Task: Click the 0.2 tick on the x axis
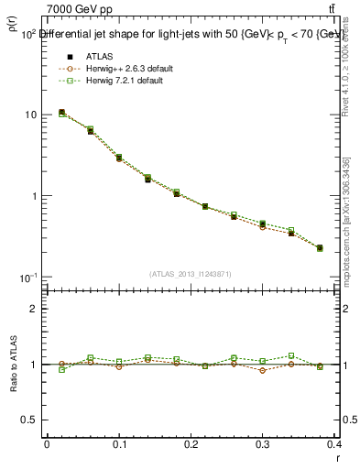coord(191,443)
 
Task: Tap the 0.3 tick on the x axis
coord(263,443)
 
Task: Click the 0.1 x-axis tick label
coord(119,443)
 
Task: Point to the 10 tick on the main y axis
coord(31,115)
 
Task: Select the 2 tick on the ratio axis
coord(37,309)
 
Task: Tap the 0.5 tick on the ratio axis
coord(33,420)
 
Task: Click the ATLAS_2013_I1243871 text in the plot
coord(191,274)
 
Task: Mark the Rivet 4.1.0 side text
coord(349,73)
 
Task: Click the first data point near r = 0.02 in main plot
coord(61,113)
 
